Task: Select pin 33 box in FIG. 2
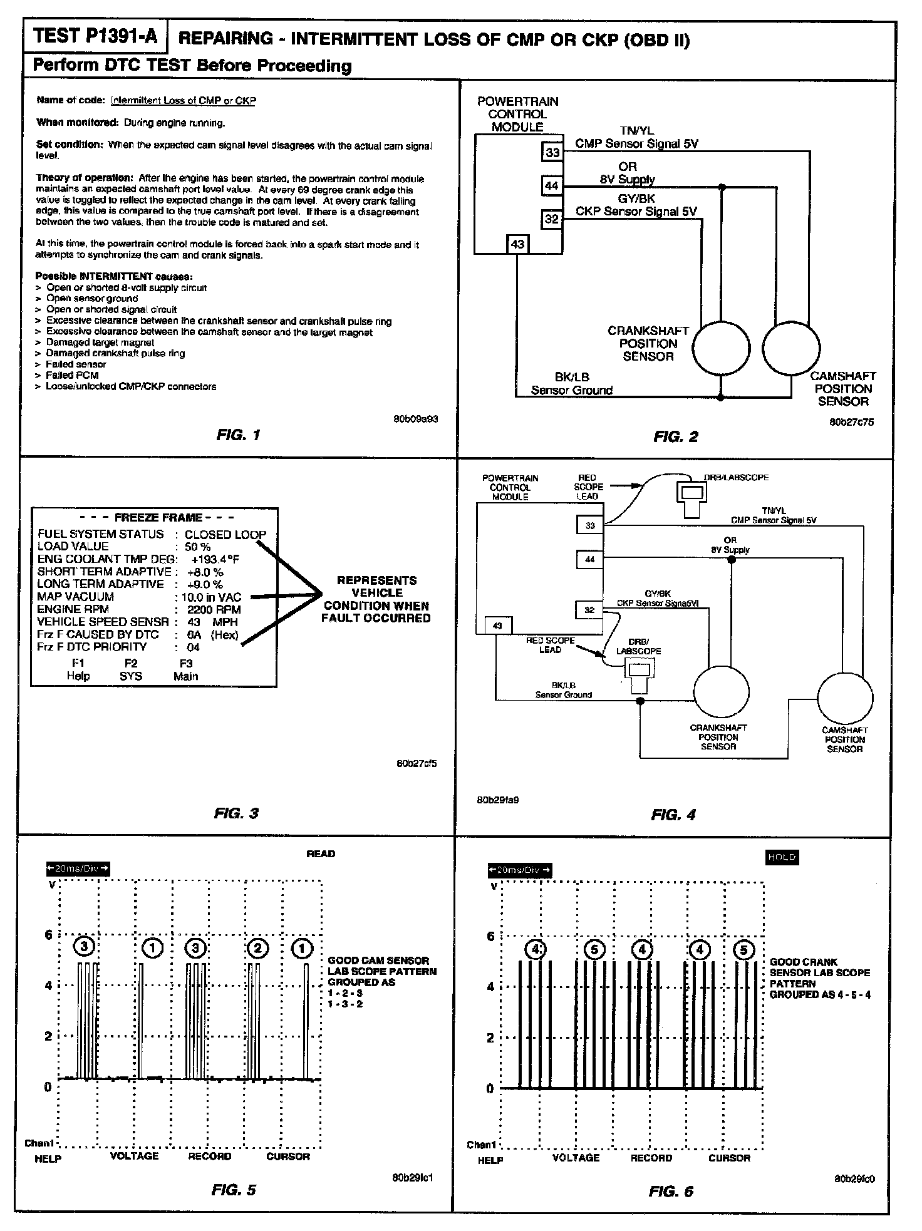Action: click(552, 152)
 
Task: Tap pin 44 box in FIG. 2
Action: click(552, 186)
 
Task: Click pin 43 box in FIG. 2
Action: click(517, 244)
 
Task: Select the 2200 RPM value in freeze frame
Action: click(214, 609)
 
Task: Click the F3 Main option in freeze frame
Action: click(186, 669)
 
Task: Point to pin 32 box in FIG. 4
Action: click(589, 610)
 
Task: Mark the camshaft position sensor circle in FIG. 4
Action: click(844, 699)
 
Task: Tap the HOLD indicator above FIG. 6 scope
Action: click(782, 857)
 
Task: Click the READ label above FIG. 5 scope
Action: click(321, 853)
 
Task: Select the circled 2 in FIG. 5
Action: click(257, 948)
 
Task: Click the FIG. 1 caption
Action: click(237, 435)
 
